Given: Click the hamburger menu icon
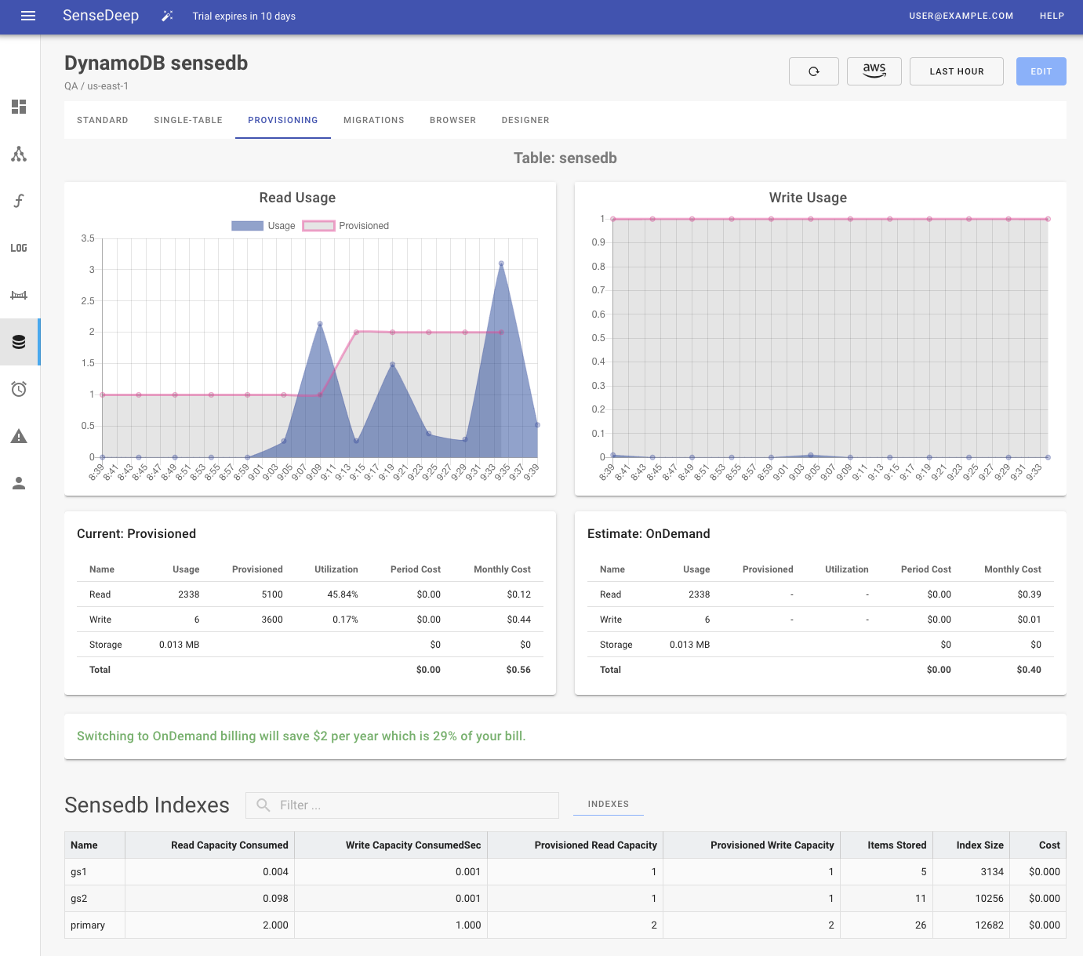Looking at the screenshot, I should pos(28,16).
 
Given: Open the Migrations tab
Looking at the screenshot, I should pos(373,120).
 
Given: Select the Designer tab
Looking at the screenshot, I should pos(525,120).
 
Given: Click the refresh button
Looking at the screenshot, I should pos(813,71).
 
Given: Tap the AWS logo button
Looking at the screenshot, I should pos(874,71).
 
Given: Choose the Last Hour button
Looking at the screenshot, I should pos(956,71).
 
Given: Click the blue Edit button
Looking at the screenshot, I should pos(1041,71).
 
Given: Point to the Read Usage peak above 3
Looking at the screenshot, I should pos(501,264).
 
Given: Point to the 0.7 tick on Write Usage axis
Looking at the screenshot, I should pos(598,290).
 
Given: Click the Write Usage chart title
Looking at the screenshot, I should pos(807,198).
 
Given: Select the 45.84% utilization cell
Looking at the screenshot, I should pos(342,594).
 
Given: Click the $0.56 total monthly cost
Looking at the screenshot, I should pos(518,670).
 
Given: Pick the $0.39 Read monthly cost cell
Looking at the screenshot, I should pos(1028,594).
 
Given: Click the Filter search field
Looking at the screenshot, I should pos(402,805).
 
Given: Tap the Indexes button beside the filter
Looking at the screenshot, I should pos(608,804).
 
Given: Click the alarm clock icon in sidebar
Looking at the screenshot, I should pos(19,389).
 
